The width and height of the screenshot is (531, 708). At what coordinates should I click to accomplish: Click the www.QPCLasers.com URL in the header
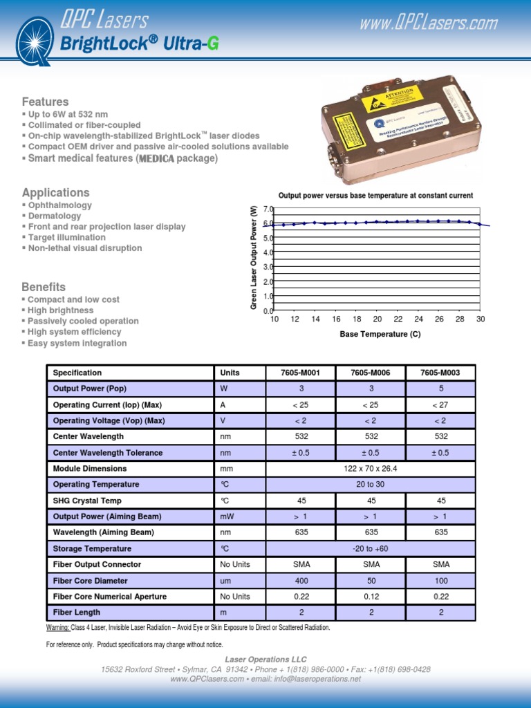428,24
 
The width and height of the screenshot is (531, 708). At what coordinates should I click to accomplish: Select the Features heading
46,102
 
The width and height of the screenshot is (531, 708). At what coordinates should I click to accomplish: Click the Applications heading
56,192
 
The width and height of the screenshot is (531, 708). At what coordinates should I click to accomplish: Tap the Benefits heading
44,287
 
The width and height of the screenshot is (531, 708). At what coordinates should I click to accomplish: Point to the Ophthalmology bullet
59,205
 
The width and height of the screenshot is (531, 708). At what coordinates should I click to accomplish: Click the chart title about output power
375,196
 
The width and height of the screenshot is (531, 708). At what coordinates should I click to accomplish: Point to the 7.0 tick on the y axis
268,209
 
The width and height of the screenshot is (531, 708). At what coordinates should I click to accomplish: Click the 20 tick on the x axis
378,319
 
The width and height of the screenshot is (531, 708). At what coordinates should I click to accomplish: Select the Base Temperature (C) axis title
380,334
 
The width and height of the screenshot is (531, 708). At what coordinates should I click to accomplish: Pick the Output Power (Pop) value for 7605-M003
440,389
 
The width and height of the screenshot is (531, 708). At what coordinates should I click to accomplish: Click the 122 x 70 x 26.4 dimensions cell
370,469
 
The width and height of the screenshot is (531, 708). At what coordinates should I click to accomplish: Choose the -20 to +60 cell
370,549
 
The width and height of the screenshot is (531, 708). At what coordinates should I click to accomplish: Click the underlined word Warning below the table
57,628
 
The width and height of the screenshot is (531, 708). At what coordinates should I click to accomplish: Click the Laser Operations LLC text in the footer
265,660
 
